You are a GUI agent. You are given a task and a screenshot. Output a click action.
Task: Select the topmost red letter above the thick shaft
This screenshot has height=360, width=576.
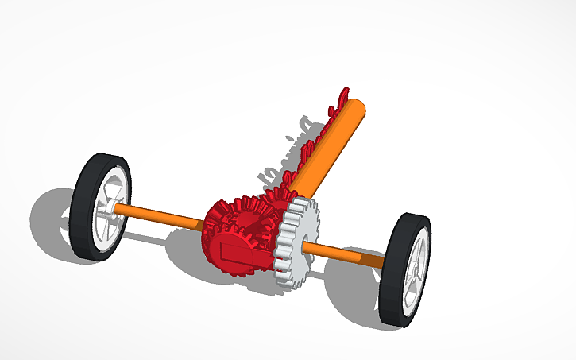[343, 95]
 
